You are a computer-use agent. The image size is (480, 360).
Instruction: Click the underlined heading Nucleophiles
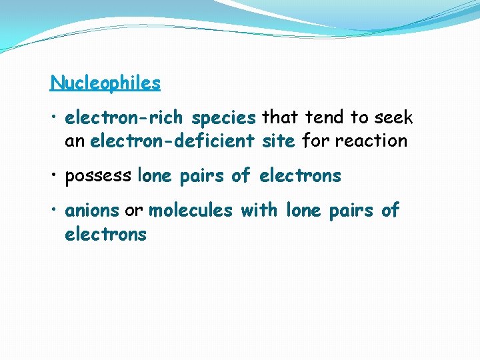105,83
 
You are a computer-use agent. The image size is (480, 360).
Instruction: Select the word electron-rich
125,118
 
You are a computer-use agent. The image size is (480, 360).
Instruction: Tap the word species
223,119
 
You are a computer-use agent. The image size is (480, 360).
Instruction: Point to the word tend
325,118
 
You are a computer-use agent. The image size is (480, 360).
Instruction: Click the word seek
394,118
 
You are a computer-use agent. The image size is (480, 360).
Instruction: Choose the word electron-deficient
172,141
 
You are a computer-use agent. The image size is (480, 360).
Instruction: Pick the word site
279,141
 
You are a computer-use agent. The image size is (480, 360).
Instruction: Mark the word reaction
372,141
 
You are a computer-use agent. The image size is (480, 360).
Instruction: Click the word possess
98,177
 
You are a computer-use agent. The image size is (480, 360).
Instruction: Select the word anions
92,211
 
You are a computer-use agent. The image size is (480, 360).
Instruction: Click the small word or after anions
134,211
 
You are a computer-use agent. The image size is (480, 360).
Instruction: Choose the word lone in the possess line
155,176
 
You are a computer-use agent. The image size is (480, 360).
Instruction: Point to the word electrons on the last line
105,234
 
